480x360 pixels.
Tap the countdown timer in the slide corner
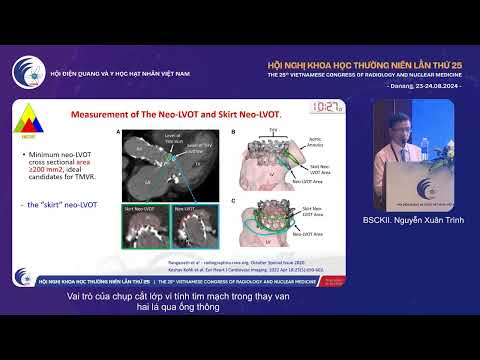click(327, 107)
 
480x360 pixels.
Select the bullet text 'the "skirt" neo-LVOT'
click(59, 204)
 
